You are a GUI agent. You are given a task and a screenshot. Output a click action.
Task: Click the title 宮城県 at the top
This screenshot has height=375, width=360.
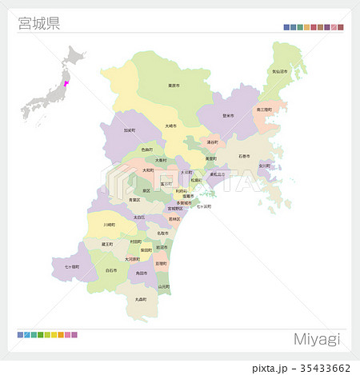[x=38, y=22]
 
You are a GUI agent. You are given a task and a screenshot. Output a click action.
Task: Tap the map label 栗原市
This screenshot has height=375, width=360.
[x=173, y=86]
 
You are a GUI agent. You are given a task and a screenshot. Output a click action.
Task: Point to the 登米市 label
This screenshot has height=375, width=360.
[x=228, y=115]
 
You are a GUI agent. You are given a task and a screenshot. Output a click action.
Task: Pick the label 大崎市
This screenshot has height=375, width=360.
[x=170, y=126]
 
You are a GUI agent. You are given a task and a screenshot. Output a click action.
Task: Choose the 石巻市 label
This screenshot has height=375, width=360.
[x=243, y=157]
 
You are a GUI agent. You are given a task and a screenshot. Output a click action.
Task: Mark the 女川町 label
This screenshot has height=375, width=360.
[x=264, y=166]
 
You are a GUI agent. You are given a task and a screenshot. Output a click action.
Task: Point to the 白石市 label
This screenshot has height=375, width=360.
[x=111, y=271]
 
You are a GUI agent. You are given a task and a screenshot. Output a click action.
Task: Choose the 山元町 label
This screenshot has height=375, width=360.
[x=163, y=285]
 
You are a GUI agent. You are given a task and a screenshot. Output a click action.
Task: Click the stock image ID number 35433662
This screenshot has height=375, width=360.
[x=323, y=368]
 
